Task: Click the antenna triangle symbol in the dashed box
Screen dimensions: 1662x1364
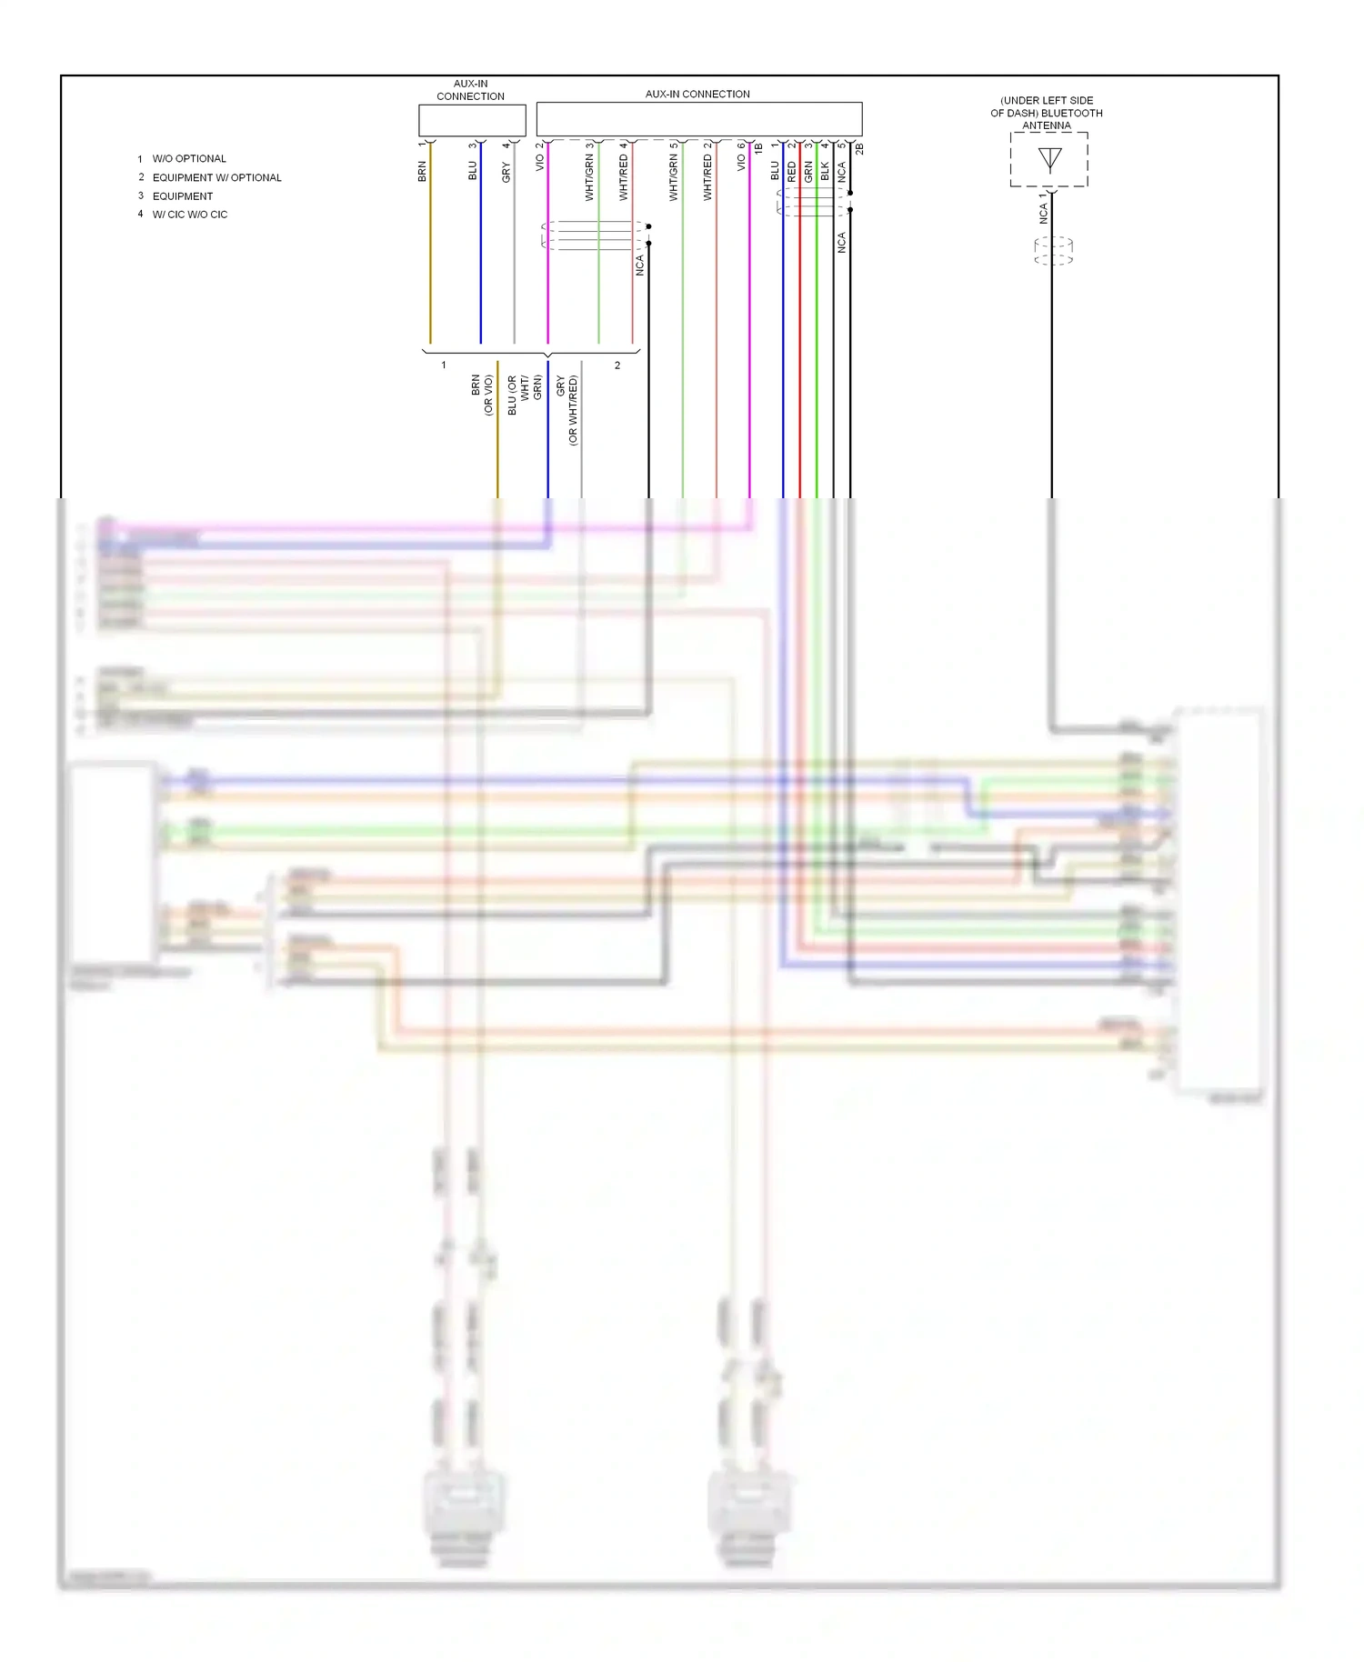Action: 1050,160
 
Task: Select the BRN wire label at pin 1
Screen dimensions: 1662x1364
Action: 422,171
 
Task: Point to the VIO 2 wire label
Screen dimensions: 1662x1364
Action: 539,158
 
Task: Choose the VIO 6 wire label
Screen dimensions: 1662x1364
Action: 741,158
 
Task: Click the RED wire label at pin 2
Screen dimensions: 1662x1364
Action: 791,171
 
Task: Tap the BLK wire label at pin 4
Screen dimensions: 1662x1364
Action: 825,171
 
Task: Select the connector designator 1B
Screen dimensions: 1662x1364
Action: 758,147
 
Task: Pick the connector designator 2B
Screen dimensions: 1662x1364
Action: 859,147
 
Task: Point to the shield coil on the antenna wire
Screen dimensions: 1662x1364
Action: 1053,250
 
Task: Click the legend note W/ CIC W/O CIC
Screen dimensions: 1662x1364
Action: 189,215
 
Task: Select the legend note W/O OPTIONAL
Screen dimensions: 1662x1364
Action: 189,159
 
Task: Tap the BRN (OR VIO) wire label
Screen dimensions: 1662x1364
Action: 482,395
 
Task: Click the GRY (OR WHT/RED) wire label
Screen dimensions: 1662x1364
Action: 567,409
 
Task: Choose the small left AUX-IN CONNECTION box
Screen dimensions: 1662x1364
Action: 472,120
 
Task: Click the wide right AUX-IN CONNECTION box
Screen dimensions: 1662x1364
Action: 698,119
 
